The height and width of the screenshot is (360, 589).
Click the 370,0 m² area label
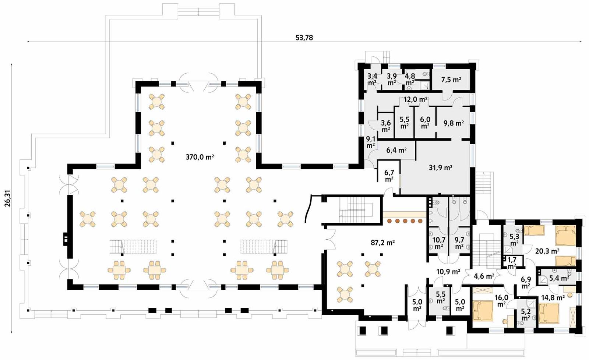point(200,157)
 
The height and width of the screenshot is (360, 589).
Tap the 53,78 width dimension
point(304,38)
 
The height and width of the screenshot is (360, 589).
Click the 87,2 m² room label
point(382,243)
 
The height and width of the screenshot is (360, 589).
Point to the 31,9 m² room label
point(440,167)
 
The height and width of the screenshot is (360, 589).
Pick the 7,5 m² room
point(451,80)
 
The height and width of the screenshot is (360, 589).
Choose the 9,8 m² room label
point(453,123)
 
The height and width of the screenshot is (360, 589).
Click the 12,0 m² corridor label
point(415,99)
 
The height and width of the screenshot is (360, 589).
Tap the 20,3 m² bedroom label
point(547,251)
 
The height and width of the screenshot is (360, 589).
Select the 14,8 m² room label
point(553,298)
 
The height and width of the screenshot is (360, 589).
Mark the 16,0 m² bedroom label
point(501,301)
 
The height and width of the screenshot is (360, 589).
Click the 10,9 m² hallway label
point(448,272)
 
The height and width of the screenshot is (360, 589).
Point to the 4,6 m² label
point(484,276)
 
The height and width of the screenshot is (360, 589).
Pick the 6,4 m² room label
point(396,150)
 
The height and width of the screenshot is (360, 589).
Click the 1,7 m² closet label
point(512,263)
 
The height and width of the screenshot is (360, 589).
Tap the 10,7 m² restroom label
point(438,243)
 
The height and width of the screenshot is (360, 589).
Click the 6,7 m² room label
point(389,176)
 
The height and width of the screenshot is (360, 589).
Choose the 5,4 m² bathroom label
point(559,278)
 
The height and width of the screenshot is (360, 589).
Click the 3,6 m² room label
point(386,126)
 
